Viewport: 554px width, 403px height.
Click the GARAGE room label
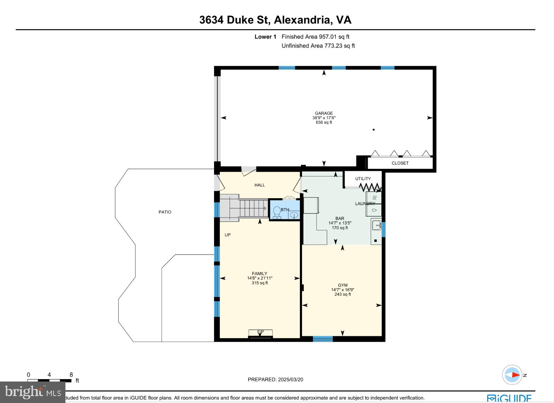point(324,113)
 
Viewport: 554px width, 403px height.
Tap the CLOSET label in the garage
point(400,163)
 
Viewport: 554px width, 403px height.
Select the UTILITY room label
point(363,179)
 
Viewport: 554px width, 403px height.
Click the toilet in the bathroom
point(277,212)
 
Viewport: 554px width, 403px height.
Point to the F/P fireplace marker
point(260,332)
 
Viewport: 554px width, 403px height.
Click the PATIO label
point(165,212)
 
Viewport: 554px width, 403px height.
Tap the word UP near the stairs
point(227,235)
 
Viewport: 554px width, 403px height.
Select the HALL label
point(260,185)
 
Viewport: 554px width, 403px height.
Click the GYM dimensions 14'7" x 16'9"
point(342,290)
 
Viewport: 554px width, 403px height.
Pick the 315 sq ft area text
point(260,283)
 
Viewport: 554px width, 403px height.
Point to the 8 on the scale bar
point(71,375)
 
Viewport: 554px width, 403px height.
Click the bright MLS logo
point(33,392)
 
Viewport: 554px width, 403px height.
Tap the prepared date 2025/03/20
point(290,379)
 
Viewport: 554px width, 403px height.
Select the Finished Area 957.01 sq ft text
point(315,37)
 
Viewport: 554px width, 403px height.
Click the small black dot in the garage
point(373,130)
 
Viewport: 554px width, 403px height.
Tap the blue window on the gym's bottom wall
point(323,339)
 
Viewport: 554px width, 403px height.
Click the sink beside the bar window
point(376,226)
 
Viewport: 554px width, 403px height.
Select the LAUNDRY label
point(365,204)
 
